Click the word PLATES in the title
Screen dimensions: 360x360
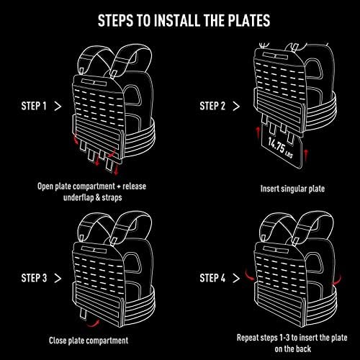pos(249,20)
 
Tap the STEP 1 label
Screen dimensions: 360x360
pos(34,106)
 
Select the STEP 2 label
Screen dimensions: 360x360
pos(212,106)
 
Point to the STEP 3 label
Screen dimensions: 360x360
pos(34,278)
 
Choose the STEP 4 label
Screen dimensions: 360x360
pos(212,278)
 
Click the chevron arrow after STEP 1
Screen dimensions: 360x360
pos(58,106)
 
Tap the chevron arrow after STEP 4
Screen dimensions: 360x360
pos(236,278)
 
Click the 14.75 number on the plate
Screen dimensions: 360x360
pos(276,145)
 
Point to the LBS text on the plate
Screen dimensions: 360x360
pos(289,155)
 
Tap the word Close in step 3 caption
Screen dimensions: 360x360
pos(58,341)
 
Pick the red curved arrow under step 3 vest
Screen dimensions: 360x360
pos(93,324)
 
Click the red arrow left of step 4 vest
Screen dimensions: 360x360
pos(250,275)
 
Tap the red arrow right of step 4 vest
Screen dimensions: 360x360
pos(337,280)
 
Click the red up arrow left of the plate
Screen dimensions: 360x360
pos(258,132)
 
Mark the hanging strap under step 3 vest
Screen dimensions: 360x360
pos(83,314)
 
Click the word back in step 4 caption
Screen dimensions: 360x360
pos(303,348)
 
